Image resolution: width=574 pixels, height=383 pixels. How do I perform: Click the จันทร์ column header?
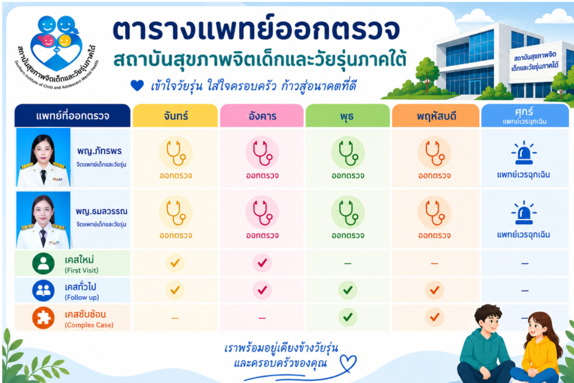pos(175,116)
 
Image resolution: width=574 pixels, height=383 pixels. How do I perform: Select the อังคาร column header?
pos(262,116)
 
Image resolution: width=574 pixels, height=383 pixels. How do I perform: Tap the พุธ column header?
pos(348,116)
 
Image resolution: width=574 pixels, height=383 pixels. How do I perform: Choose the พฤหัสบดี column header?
pos(436,116)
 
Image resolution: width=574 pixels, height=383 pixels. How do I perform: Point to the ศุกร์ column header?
pos(525,116)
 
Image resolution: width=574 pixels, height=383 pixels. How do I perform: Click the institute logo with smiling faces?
pos(57,51)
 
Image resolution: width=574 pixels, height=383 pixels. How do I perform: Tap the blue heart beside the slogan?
pos(137,86)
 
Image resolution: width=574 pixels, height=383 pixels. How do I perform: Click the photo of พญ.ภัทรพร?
pos(43,158)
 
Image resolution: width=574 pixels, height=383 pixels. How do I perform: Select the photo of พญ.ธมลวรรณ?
pos(43,220)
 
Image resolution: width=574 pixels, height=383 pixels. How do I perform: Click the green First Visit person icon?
pos(43,264)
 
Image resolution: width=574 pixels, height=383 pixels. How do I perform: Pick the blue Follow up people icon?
pos(43,290)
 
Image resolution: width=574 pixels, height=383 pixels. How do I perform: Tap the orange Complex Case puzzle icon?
pos(43,317)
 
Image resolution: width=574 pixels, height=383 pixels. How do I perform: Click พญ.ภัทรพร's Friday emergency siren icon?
pos(524,153)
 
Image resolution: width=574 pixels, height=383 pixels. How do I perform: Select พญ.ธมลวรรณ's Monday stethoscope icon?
pos(175,213)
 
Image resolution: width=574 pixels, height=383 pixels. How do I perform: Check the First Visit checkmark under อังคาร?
pos(262,263)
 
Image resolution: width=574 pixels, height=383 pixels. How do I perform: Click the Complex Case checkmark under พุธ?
pos(348,317)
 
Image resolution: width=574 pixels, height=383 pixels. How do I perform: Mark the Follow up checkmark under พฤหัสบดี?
pos(434,290)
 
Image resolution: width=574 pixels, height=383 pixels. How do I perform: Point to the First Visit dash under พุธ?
pos(348,263)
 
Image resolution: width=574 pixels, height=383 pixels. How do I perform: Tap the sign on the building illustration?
pos(535,62)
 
